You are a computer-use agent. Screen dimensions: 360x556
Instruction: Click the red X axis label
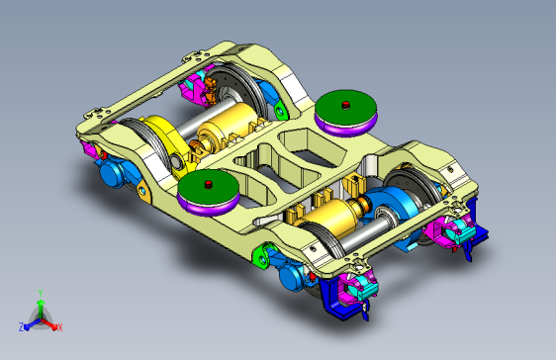pyautogui.click(x=59, y=326)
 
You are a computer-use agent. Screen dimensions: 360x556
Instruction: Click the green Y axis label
pyautogui.click(x=39, y=293)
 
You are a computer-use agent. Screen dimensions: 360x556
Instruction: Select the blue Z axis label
pyautogui.click(x=21, y=326)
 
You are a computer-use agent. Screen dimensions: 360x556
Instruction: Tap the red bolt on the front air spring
pyautogui.click(x=208, y=184)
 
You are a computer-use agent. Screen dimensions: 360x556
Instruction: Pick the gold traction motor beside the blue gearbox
pyautogui.click(x=332, y=218)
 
